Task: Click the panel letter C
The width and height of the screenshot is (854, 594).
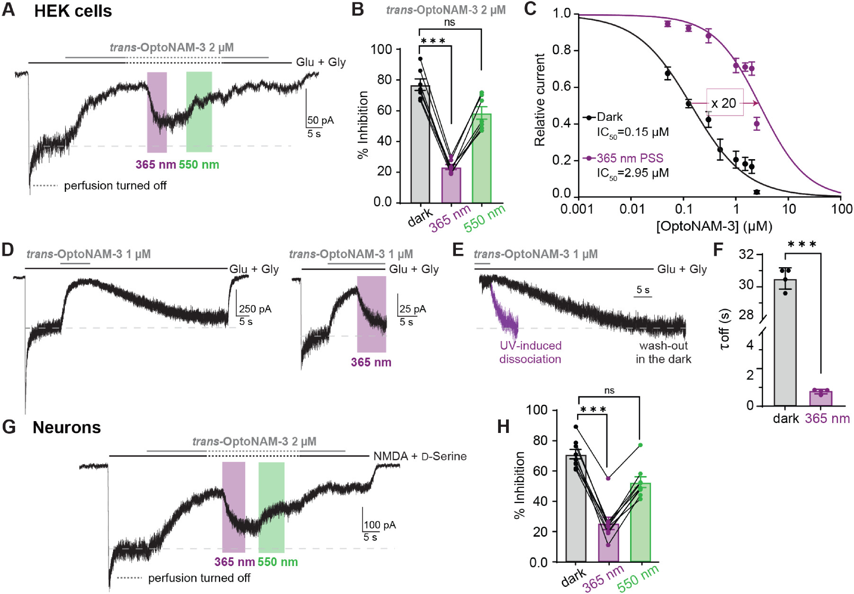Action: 530,9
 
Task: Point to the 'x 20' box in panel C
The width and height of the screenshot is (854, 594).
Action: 725,103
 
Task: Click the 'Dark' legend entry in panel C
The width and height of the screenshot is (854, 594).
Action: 609,117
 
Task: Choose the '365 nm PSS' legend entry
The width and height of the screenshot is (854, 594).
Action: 630,158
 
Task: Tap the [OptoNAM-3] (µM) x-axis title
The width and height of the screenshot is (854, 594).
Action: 714,226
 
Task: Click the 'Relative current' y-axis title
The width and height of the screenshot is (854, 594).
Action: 540,99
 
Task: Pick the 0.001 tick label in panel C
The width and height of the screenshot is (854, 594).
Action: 577,209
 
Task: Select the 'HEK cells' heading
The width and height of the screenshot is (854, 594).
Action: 73,11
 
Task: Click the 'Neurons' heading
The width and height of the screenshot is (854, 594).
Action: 67,428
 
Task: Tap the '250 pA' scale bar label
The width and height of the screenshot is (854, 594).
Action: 255,309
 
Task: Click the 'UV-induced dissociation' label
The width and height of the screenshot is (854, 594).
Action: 531,352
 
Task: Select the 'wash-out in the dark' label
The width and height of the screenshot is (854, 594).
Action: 663,352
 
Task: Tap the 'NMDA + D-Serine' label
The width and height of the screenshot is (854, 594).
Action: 420,457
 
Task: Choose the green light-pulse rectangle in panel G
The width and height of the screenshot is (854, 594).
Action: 271,507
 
